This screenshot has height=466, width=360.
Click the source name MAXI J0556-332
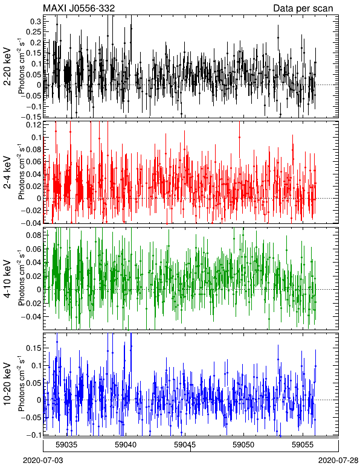[79, 8]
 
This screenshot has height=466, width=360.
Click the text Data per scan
[303, 8]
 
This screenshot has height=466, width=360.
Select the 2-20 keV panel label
[7, 66]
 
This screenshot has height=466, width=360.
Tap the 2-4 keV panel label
[7, 173]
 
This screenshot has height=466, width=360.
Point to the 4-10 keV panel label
[7, 278]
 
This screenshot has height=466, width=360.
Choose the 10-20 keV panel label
[7, 384]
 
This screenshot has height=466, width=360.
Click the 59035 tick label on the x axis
[66, 445]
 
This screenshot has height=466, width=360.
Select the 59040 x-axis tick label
[126, 445]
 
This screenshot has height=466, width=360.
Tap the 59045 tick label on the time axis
[185, 445]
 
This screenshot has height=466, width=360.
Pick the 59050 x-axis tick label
[244, 445]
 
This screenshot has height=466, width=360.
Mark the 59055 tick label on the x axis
[303, 445]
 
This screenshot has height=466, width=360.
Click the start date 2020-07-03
[43, 461]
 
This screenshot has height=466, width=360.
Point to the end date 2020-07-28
[339, 461]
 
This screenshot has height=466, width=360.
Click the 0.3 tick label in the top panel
[36, 21]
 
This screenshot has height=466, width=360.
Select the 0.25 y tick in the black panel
[34, 32]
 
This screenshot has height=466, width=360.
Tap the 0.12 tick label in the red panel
[34, 125]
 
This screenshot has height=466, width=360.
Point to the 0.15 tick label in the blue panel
[34, 348]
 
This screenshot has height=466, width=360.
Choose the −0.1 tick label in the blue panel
[33, 435]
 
